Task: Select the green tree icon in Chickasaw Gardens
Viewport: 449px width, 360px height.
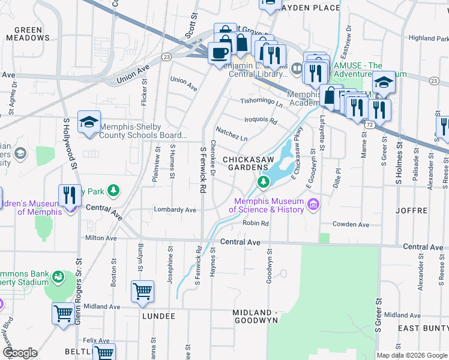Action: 262,182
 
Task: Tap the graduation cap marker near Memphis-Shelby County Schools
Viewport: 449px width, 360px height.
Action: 89,122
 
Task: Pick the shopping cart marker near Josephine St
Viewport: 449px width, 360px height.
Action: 142,292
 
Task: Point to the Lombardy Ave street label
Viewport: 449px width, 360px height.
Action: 175,210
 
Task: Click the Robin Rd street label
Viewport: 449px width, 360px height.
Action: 255,223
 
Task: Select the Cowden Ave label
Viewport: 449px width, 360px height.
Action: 351,224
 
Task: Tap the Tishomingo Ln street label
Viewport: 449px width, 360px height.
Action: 262,103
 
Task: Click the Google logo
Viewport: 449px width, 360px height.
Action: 19,353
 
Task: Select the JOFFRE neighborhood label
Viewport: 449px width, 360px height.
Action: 412,211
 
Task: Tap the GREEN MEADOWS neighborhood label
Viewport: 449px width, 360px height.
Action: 28,34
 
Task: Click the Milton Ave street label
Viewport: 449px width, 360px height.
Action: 101,238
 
